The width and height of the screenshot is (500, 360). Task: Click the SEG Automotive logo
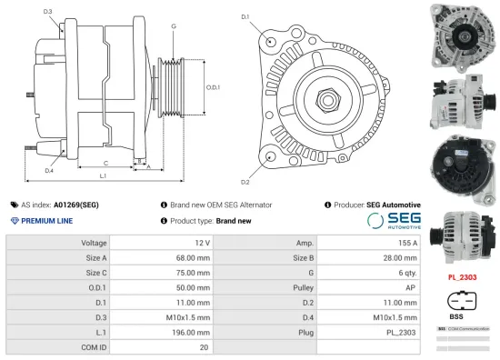(x=394, y=221)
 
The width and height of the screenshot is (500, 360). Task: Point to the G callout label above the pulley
(x=173, y=26)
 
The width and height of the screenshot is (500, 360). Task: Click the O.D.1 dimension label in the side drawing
(x=213, y=87)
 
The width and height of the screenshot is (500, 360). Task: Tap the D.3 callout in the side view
(x=47, y=11)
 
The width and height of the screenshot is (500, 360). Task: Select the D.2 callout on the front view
(x=245, y=169)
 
